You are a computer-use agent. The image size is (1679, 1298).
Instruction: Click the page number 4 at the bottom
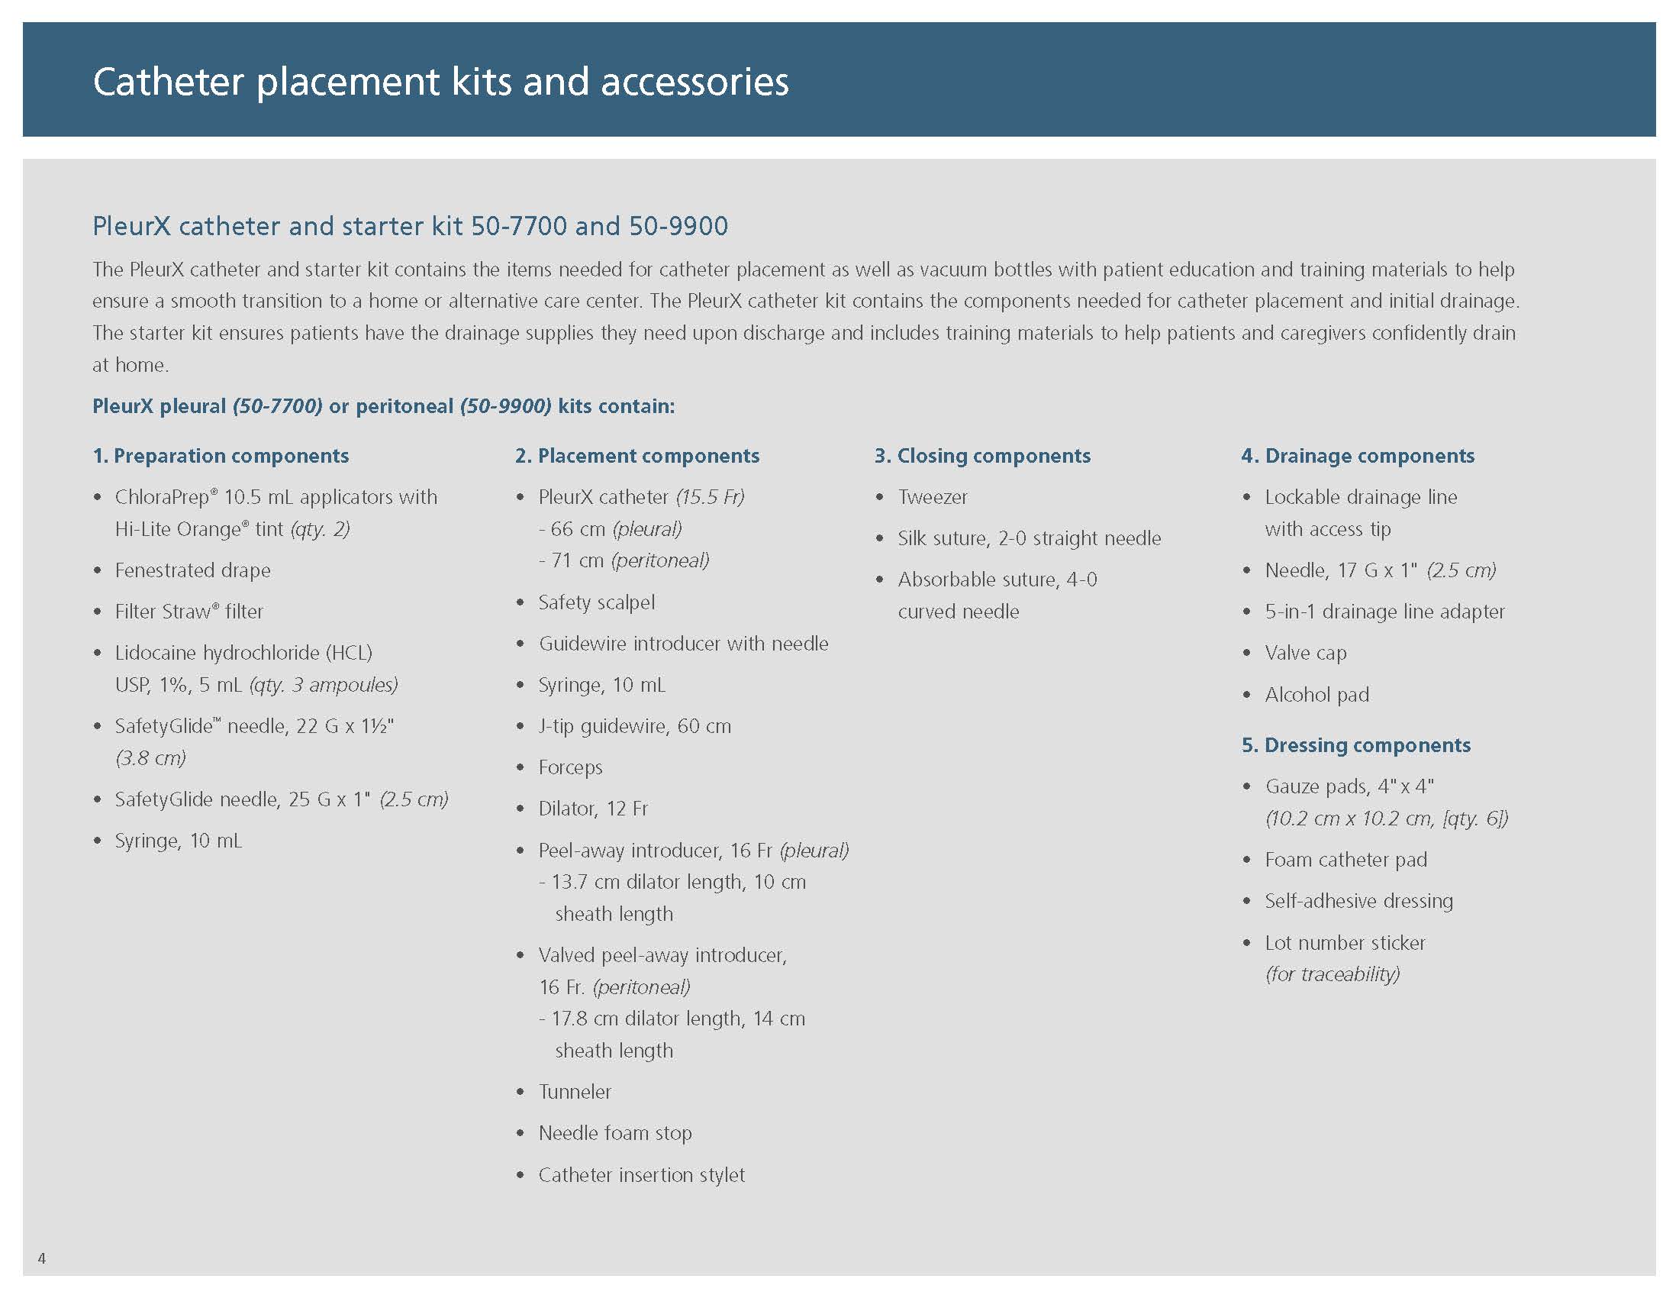click(x=41, y=1258)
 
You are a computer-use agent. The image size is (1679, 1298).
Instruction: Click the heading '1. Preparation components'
click(x=221, y=455)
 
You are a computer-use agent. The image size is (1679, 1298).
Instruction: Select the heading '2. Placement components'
click(x=637, y=455)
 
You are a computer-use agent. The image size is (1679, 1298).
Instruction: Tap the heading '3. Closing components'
click(x=982, y=455)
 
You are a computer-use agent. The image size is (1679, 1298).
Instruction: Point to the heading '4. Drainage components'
click(x=1358, y=455)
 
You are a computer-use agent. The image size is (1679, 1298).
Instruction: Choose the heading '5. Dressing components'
click(x=1356, y=744)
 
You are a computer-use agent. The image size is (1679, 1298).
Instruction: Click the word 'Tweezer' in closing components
click(x=933, y=497)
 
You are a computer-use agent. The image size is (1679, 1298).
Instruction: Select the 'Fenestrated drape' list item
click(x=193, y=570)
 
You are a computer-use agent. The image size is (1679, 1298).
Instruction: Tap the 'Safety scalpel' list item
click(x=597, y=602)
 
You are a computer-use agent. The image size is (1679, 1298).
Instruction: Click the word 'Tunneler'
click(x=575, y=1091)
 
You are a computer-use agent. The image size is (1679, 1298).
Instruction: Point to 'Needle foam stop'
click(x=615, y=1132)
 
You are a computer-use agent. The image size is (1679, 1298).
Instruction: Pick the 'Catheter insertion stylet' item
click(x=642, y=1174)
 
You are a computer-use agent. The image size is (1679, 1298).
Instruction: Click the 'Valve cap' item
click(x=1305, y=653)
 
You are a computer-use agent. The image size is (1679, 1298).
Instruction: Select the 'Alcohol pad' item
click(x=1317, y=694)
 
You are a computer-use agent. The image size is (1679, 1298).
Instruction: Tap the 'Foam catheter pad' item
click(x=1346, y=859)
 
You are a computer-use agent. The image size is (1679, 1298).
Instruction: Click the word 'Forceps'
click(x=570, y=767)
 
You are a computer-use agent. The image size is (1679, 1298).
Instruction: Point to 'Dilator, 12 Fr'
click(x=593, y=808)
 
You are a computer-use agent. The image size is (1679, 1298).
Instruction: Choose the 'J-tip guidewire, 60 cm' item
click(x=635, y=726)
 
